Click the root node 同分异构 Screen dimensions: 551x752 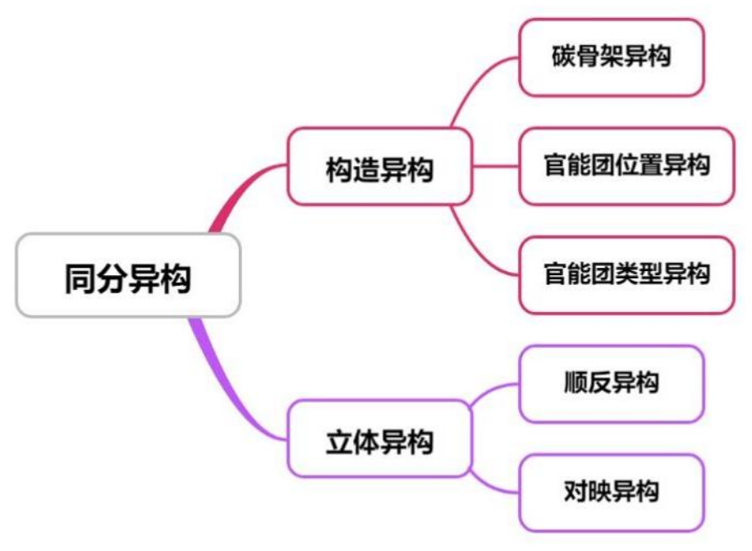(x=128, y=276)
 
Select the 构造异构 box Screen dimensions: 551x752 (x=379, y=167)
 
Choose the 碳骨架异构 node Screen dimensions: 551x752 (x=612, y=57)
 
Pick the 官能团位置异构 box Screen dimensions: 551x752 (x=626, y=165)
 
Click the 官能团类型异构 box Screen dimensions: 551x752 (x=626, y=274)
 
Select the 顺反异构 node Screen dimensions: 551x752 (x=612, y=383)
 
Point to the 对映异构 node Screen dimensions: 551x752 (x=612, y=492)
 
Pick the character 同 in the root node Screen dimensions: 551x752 (x=81, y=277)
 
